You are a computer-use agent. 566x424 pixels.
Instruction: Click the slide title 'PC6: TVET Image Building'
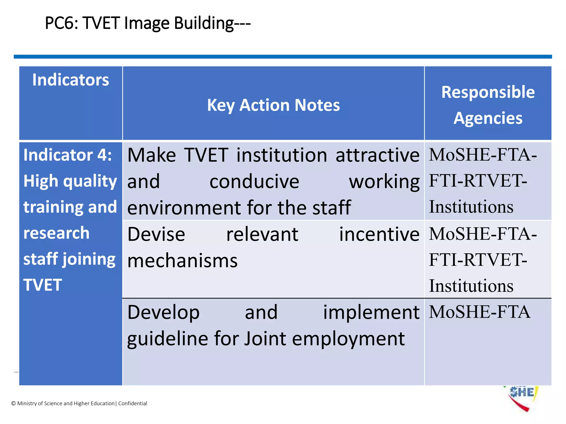pos(148,23)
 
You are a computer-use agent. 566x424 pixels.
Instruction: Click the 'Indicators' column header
pos(71,80)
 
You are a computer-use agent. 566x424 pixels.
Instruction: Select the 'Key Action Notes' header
pos(273,105)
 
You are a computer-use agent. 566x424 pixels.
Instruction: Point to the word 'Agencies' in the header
pos(488,118)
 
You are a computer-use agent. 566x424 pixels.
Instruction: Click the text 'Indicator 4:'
pos(67,155)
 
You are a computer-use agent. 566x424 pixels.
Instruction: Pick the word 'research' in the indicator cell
pos(56,233)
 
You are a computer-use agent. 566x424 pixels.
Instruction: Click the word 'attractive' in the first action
pos(377,155)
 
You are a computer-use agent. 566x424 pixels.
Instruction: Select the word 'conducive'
pos(254,181)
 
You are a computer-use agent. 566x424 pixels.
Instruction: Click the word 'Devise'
pos(156,234)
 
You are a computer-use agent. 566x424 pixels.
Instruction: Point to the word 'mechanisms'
pos(182,261)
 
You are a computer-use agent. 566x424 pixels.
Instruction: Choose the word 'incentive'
pos(379,234)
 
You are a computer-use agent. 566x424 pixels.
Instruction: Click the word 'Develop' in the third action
pos(163,312)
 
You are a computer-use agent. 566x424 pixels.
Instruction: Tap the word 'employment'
pos(348,339)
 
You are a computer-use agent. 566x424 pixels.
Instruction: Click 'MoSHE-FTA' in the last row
pos(479,312)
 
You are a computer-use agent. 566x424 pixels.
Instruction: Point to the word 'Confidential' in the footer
pos(133,403)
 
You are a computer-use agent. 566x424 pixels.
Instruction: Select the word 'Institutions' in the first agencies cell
pos(471,207)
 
